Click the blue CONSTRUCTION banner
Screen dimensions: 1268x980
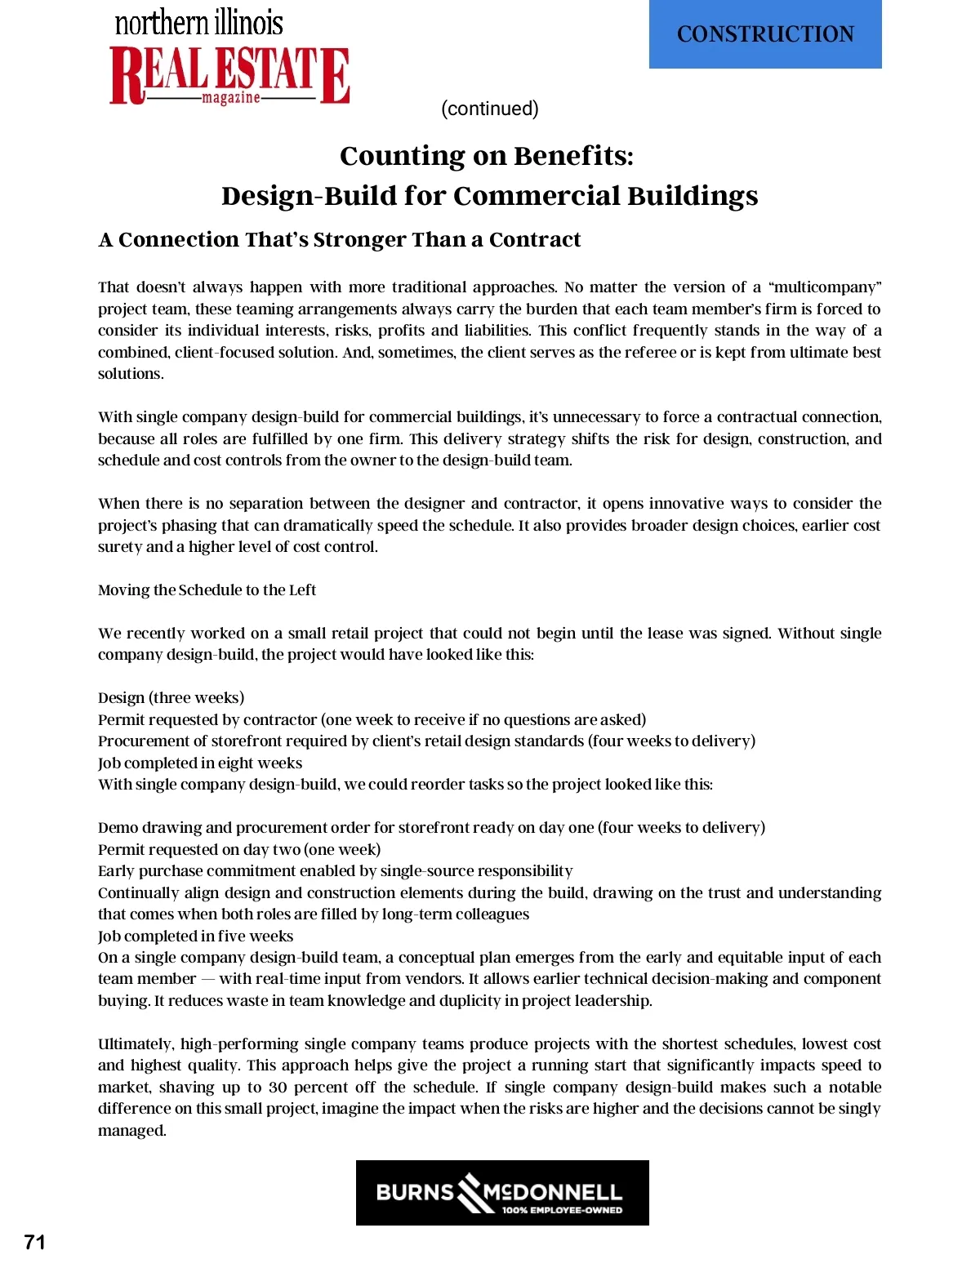pos(765,34)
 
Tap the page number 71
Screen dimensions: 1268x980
pos(35,1242)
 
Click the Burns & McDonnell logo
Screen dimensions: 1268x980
pos(501,1192)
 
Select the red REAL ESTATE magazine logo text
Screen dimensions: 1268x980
pos(229,75)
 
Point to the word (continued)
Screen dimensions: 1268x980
pos(489,109)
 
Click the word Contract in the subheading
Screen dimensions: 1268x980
pos(535,239)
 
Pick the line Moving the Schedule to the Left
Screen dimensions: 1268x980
pos(207,590)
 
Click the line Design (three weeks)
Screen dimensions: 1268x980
pos(171,697)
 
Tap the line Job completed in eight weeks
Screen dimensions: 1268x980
pos(200,763)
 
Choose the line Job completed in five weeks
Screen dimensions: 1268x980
pos(195,936)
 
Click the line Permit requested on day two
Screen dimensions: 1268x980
pos(238,849)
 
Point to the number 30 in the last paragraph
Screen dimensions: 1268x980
pos(278,1087)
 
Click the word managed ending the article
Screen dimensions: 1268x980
pos(131,1130)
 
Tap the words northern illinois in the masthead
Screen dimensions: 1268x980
pos(198,23)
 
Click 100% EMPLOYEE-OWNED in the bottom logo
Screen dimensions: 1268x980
pos(562,1210)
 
